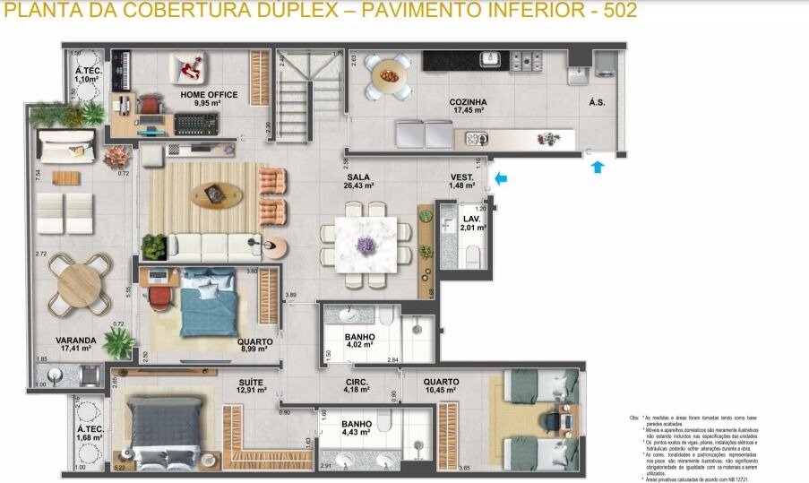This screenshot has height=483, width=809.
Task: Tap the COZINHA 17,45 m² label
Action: [x=468, y=106]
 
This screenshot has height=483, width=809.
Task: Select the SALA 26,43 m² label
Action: [x=359, y=182]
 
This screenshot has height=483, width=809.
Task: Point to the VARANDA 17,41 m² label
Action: [x=75, y=344]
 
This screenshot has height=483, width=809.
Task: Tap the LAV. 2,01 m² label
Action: [x=471, y=223]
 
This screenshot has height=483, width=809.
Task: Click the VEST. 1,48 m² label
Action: [x=462, y=182]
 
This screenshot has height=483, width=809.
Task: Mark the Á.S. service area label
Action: [x=597, y=103]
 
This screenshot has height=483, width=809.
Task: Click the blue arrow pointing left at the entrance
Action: [x=502, y=179]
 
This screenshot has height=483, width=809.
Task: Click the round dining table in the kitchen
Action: [x=390, y=76]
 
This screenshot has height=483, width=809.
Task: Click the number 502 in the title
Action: [x=619, y=11]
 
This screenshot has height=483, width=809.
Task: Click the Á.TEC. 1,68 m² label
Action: [x=90, y=435]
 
